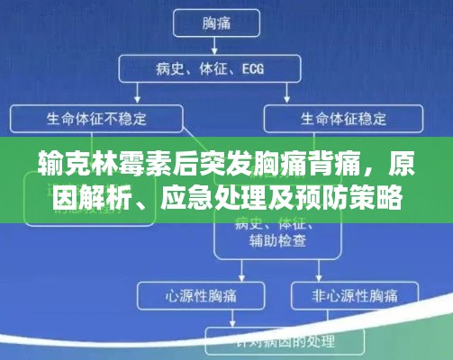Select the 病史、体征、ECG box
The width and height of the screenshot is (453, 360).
tap(224, 68)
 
